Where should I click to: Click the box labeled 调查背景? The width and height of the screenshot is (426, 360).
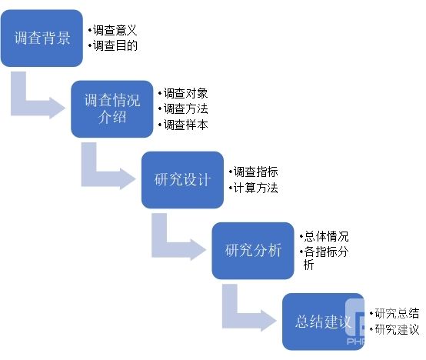point(42,38)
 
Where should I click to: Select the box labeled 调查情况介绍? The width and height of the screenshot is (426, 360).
point(112,109)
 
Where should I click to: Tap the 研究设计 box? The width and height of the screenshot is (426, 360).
point(182,180)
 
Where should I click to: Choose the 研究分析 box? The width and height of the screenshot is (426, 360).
point(253,251)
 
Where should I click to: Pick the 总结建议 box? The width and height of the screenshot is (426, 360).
point(323,322)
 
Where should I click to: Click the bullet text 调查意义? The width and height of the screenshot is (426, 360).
point(115,30)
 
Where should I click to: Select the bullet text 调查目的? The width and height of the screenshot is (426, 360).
point(115,45)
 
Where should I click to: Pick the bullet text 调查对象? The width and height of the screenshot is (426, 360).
point(185,94)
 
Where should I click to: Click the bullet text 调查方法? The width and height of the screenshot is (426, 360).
point(185,109)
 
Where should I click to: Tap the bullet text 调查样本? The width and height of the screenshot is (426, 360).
point(185,125)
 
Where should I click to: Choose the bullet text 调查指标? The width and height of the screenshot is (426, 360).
point(255,172)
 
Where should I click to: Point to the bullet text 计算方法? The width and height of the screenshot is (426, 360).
point(255,188)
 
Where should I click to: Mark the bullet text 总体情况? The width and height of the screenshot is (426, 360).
point(326,236)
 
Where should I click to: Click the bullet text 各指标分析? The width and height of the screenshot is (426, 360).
point(326,258)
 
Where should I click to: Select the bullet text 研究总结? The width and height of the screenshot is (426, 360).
point(397,313)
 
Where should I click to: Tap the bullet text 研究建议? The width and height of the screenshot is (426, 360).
point(397,329)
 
